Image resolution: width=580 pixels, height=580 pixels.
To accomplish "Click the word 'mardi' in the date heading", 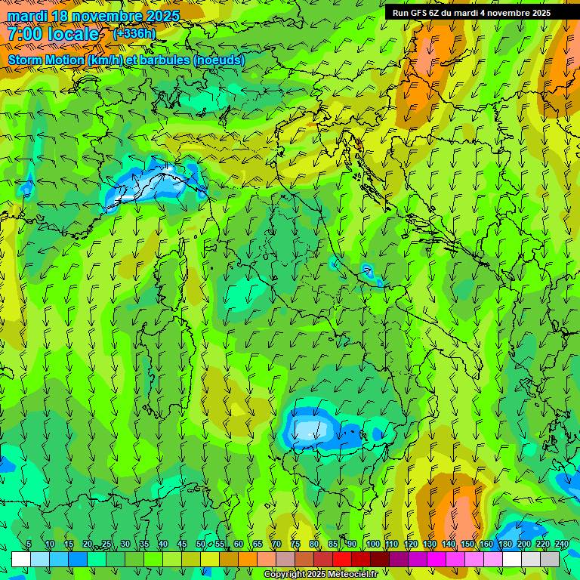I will (x=28, y=16).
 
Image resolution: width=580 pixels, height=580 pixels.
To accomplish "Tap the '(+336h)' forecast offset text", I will (x=134, y=34).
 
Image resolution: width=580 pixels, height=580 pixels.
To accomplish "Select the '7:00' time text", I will (x=24, y=35).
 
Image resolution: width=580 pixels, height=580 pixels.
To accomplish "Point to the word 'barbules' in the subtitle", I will (x=166, y=60).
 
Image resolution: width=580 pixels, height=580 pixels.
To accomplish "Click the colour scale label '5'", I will (x=29, y=544).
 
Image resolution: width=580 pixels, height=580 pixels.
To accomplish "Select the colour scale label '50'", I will (x=201, y=544).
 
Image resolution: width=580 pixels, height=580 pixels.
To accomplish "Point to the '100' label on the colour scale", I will (x=373, y=544).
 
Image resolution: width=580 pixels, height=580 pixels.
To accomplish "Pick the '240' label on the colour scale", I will (x=562, y=544).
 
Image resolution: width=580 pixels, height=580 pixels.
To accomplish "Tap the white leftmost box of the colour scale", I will (x=21, y=559).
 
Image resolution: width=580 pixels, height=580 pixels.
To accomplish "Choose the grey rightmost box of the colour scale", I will (x=550, y=559).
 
